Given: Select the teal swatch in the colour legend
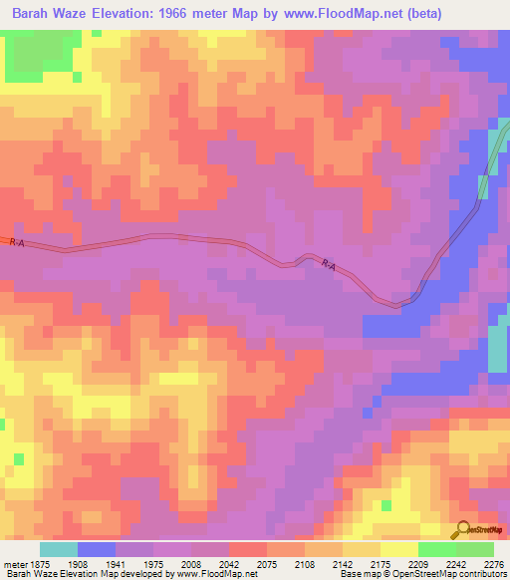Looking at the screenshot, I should tap(59, 548).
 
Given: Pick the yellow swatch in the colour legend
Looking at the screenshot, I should tap(398, 548).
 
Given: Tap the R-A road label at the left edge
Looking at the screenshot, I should tap(16, 242).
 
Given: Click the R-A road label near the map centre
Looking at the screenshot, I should tap(329, 264).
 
